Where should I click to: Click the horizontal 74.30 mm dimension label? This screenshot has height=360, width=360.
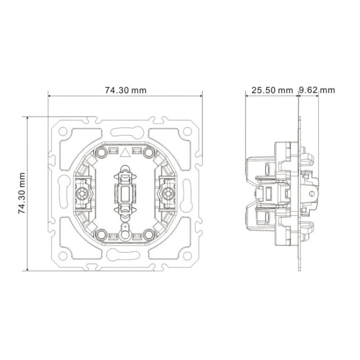125,90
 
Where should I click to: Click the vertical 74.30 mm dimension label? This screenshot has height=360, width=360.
22,193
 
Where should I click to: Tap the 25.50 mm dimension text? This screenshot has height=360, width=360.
272,90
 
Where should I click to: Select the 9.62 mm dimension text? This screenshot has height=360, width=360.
317,90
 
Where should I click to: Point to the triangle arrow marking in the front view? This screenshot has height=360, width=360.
125,153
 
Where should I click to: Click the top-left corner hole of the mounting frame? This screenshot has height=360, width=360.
63,131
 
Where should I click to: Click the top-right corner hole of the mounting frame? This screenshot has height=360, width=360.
187,131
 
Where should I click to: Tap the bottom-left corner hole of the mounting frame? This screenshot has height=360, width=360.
63,256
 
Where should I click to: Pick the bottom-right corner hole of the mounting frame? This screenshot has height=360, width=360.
187,256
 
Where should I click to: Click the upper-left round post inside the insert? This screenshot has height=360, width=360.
101,152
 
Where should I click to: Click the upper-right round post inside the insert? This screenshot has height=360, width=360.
149,152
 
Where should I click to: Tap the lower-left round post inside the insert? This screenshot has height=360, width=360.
101,235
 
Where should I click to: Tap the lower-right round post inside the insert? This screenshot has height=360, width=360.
149,235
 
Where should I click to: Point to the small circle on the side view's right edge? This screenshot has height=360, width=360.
312,193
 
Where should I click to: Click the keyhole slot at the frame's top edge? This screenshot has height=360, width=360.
127,131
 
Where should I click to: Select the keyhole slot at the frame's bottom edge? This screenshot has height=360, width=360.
123,255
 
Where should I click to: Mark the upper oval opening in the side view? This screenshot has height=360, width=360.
268,170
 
